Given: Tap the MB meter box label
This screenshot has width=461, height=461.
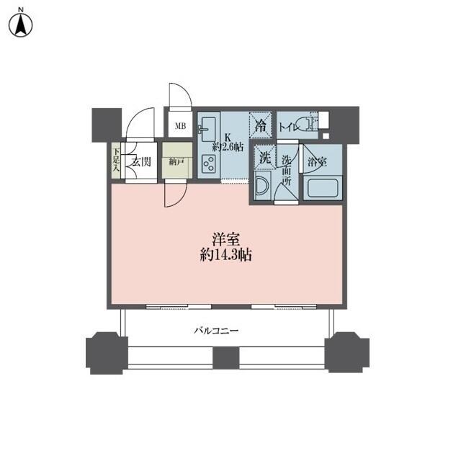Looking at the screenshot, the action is pos(181,126).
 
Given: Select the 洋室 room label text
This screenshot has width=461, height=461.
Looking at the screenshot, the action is pos(225,240).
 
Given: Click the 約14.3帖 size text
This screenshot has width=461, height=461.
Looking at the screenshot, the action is pos(225,255).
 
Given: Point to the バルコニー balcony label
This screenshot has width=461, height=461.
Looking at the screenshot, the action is pos(216,331).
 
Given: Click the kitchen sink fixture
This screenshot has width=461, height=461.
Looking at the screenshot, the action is pos(207,130).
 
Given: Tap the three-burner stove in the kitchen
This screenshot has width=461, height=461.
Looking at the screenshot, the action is pos(208,164).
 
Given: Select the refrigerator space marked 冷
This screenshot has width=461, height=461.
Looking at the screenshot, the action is pos(260,125).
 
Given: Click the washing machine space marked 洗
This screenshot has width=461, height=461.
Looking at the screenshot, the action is pos(265,158).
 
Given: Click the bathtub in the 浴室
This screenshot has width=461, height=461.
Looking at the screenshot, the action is pos(322,188).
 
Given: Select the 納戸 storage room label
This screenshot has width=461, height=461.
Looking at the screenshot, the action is pos(176,161).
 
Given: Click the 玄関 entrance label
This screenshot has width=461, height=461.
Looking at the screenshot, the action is pos(141,161).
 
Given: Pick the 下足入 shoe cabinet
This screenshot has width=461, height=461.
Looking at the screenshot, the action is pos(116,161).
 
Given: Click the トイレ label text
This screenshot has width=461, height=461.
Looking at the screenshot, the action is pos(289,127).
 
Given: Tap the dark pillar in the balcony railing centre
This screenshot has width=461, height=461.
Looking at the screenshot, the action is pos(225,357).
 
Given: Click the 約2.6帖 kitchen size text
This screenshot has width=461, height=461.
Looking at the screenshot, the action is pos(228,147).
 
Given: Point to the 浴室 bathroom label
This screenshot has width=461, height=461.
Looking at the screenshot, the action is pos(317,161).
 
